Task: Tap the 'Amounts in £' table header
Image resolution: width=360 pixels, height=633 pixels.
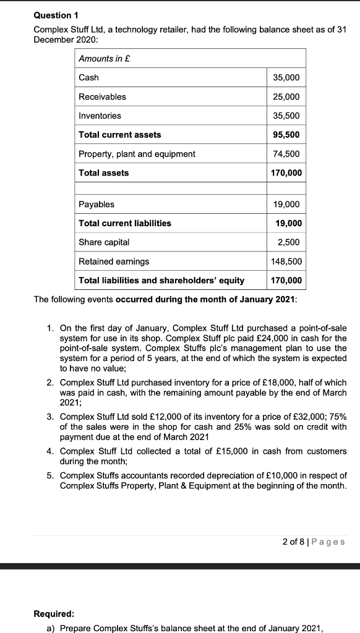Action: (103, 58)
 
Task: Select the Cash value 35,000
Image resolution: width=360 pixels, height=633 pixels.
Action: (286, 77)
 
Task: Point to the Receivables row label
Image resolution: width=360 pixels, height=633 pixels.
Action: (102, 96)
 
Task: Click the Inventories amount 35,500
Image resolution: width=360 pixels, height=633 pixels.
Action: (286, 116)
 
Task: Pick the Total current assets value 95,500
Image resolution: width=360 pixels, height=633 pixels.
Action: (286, 134)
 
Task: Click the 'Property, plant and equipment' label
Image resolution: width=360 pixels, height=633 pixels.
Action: (137, 154)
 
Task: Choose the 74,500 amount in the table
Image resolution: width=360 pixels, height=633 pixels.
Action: (286, 154)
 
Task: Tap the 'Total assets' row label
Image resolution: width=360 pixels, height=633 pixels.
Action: (104, 173)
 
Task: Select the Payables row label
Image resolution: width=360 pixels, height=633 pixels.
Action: (96, 204)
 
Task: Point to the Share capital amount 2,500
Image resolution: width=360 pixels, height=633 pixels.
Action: (288, 242)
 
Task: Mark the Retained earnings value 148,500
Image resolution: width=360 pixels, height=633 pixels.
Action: (286, 261)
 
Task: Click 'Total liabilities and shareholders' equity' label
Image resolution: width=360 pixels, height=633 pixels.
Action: (161, 281)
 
